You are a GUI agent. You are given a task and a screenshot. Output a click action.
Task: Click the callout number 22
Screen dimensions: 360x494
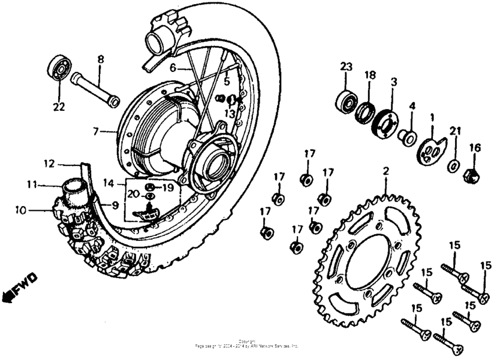[59, 107]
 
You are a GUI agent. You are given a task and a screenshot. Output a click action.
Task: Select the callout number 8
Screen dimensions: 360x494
[101, 59]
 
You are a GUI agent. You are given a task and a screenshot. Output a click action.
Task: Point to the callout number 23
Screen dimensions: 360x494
[346, 67]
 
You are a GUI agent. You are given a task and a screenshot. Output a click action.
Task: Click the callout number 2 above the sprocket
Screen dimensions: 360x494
[384, 171]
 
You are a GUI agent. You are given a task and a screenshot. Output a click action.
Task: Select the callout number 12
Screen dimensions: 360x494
[49, 164]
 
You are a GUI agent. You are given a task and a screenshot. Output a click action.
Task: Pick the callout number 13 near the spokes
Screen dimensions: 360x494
[230, 114]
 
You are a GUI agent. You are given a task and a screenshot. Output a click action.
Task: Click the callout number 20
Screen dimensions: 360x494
[133, 195]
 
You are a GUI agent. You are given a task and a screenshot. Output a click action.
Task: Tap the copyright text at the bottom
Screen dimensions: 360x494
[246, 343]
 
